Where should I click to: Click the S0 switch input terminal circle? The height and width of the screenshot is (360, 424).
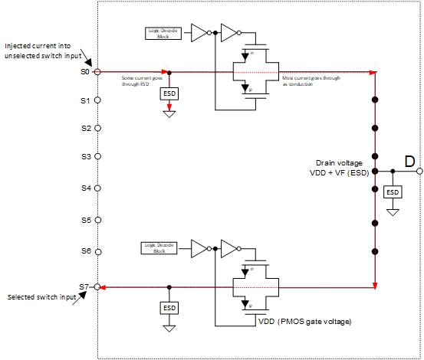98,72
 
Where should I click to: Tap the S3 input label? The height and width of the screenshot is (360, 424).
86,156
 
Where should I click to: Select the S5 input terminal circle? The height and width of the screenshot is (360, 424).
98,220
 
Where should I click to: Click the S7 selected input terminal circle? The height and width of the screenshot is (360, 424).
98,286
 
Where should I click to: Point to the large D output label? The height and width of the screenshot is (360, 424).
409,161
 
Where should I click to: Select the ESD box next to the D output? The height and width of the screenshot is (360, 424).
392,191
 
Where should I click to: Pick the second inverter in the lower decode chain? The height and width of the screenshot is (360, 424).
228,247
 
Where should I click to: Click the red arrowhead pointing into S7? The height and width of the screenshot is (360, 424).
105,286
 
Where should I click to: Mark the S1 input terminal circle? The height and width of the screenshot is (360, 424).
98,101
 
